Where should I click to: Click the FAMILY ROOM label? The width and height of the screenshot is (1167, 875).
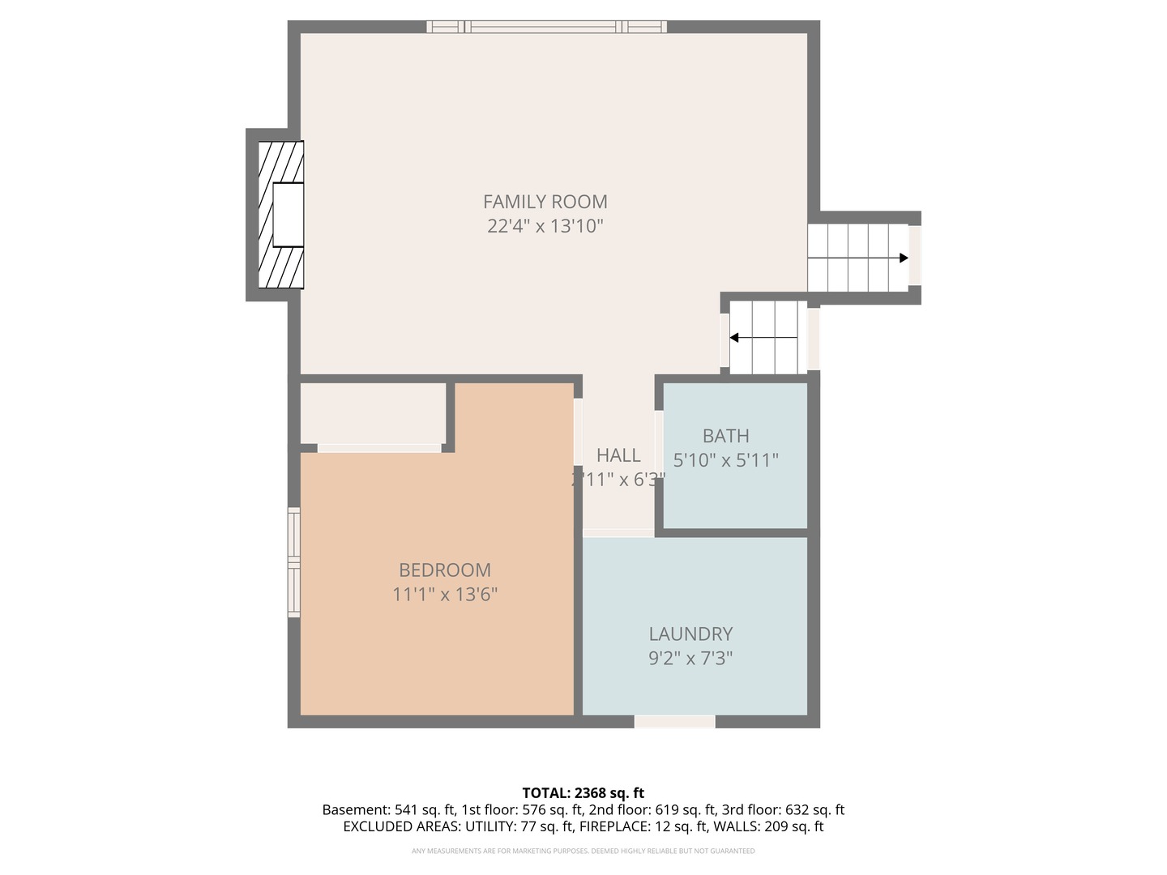pos(545,202)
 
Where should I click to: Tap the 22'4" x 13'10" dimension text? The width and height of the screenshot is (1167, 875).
pos(545,226)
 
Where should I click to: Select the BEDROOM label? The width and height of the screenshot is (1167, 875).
pos(444,570)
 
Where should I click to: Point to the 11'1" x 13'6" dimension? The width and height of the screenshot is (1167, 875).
pos(444,595)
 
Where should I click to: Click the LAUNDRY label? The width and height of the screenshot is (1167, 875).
pos(690,634)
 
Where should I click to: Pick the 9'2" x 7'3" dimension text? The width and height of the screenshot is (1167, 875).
pos(690,659)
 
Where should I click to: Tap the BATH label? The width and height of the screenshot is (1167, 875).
pos(725,436)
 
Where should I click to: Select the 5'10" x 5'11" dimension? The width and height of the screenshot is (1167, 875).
pos(725,460)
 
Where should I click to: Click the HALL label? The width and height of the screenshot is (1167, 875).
pos(618,455)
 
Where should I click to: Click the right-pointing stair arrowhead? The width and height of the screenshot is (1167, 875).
pos(903,258)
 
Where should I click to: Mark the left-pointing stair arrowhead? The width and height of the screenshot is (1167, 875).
pos(734,338)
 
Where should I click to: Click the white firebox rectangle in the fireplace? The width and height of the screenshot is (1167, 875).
pos(288,215)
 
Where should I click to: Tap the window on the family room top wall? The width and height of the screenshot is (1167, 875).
pos(546,27)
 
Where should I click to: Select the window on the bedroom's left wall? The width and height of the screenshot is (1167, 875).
pos(293,562)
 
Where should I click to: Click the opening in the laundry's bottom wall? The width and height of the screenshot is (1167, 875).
pos(674,721)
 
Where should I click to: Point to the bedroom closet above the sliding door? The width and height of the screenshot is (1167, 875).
pos(373,412)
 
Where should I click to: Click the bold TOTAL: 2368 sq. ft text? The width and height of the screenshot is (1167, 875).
pos(583,793)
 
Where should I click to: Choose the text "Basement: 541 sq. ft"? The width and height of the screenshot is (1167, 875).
pos(388,810)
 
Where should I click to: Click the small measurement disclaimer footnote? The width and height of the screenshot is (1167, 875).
pos(583,851)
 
